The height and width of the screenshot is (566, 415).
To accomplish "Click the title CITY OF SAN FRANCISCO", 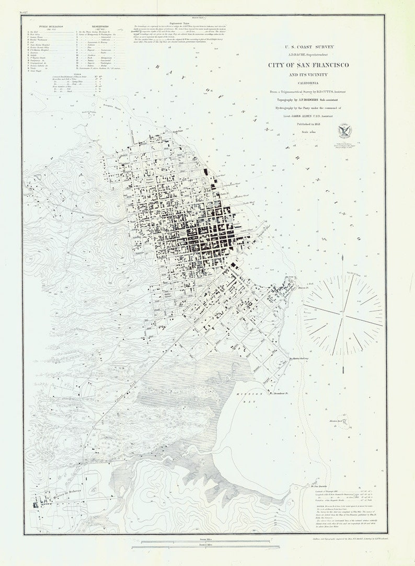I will coord(309,65).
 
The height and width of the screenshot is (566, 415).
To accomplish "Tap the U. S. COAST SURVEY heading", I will coord(309,47).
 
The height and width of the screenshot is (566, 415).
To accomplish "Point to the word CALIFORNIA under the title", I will coord(309,82).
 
